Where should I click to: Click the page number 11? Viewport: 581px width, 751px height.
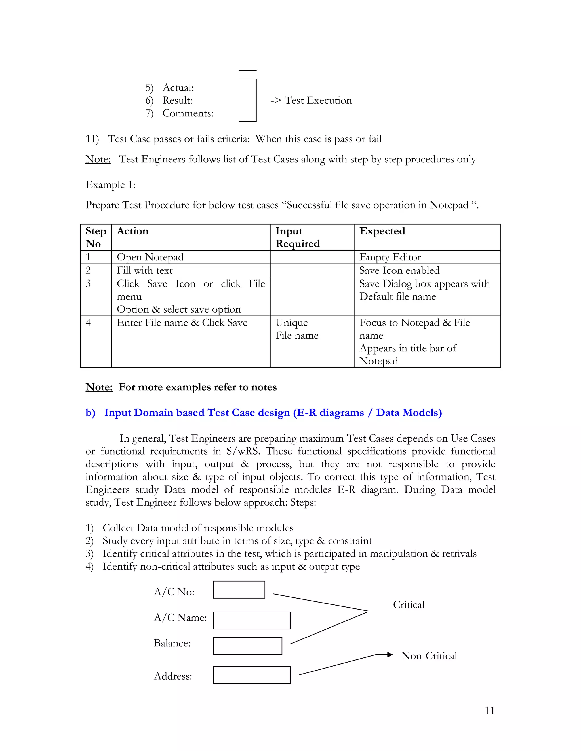489,710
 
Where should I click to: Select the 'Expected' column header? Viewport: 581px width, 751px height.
382,231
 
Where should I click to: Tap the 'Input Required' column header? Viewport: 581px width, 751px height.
297,237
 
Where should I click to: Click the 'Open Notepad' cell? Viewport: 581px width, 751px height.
150,257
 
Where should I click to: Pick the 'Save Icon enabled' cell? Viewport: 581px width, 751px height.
399,271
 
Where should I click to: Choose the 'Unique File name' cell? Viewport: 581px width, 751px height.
297,329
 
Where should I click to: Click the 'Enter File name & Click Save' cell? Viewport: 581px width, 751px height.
182,323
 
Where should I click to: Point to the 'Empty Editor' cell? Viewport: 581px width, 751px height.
390,257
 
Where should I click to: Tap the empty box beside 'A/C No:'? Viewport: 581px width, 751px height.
239,590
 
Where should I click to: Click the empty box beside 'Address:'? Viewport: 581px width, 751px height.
252,675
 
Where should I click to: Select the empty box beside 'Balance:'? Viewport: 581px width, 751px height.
247,646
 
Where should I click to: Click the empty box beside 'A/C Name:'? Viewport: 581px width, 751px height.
252,621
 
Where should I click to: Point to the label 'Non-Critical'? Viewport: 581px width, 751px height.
429,656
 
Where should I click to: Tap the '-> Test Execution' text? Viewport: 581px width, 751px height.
311,100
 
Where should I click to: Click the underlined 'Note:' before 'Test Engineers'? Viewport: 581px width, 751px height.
98,159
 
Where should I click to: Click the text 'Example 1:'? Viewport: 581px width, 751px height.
110,185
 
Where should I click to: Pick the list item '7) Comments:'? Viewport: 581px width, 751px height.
179,113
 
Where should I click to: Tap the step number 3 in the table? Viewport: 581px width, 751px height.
88,284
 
